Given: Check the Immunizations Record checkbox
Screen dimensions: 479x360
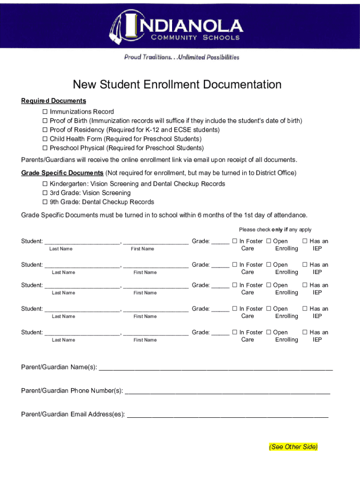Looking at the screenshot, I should pyautogui.click(x=45, y=112).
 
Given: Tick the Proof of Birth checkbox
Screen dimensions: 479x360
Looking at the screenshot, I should pyautogui.click(x=45, y=121).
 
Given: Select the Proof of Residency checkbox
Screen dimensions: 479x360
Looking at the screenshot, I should pyautogui.click(x=45, y=130).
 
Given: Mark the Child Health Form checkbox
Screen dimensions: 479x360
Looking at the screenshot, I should pyautogui.click(x=45, y=139).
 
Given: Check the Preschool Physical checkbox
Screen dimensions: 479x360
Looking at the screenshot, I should pyautogui.click(x=45, y=148).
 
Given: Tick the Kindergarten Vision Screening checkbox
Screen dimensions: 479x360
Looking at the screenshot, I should pyautogui.click(x=45, y=184).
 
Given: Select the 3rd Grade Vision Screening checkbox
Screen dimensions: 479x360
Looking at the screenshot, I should pyautogui.click(x=45, y=193).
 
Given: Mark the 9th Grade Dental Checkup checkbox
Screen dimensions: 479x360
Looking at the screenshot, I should pyautogui.click(x=45, y=202).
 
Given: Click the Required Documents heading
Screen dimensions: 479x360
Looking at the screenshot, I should pyautogui.click(x=53, y=101).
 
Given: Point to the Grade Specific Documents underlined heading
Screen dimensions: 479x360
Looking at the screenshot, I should pyautogui.click(x=62, y=173).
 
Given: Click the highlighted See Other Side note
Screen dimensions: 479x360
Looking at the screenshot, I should pyautogui.click(x=293, y=447).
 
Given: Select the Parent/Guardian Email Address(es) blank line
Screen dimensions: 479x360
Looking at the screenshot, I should pyautogui.click(x=228, y=414).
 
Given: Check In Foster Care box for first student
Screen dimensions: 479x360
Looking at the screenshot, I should pyautogui.click(x=235, y=241).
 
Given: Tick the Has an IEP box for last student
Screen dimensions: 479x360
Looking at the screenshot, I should pyautogui.click(x=305, y=333).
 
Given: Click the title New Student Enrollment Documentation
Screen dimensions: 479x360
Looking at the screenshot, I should pyautogui.click(x=177, y=85).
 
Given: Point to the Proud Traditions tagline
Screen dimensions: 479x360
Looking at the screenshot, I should pyautogui.click(x=181, y=57).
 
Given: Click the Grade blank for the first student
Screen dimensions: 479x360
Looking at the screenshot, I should pyautogui.click(x=220, y=242).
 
